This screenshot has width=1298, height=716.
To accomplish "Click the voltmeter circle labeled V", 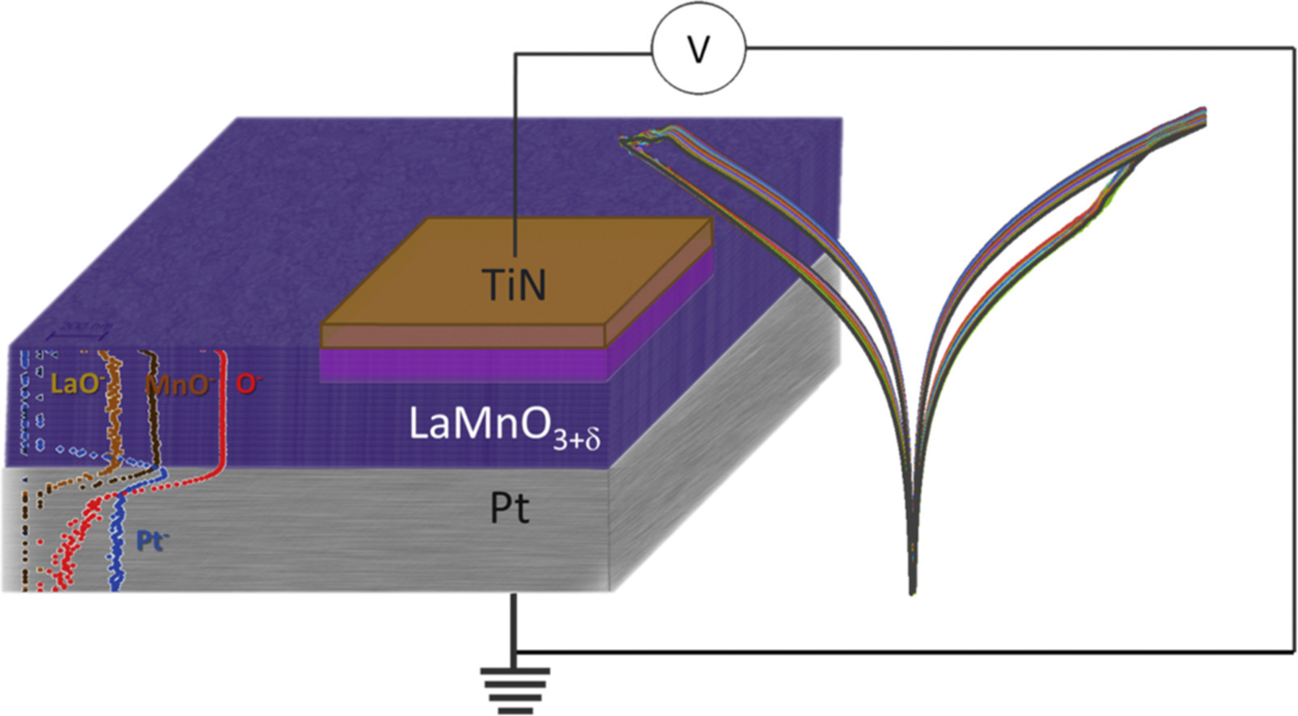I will [699, 50].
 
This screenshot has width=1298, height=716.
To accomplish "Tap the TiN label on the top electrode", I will [514, 284].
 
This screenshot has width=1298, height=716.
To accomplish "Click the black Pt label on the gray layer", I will [510, 508].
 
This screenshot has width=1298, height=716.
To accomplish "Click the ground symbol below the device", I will [515, 683].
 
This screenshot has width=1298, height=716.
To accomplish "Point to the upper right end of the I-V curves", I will [1203, 112].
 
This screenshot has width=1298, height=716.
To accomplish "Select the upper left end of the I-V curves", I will [626, 141].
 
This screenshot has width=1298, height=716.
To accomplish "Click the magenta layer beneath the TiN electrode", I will [460, 365].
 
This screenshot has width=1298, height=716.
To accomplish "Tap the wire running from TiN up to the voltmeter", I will [516, 162].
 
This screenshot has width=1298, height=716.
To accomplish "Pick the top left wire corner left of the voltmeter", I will [516, 54].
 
